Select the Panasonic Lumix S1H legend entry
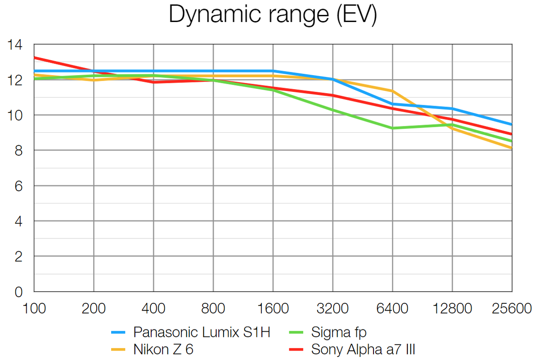coord(202,333)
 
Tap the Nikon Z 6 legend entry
coord(163,349)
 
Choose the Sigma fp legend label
coord(338,333)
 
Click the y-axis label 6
coord(18,186)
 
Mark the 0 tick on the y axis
coord(18,292)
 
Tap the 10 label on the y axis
coord(15,115)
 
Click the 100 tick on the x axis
coord(34,309)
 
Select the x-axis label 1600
coord(273,309)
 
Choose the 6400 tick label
coord(392,309)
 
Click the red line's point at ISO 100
coord(35,58)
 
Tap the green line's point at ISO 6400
coord(392,128)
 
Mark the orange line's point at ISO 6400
coord(392,91)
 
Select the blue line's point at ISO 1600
coord(273,71)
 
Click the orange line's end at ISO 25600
coord(512,148)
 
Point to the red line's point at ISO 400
coord(153,82)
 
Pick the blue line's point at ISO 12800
coord(452,108)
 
